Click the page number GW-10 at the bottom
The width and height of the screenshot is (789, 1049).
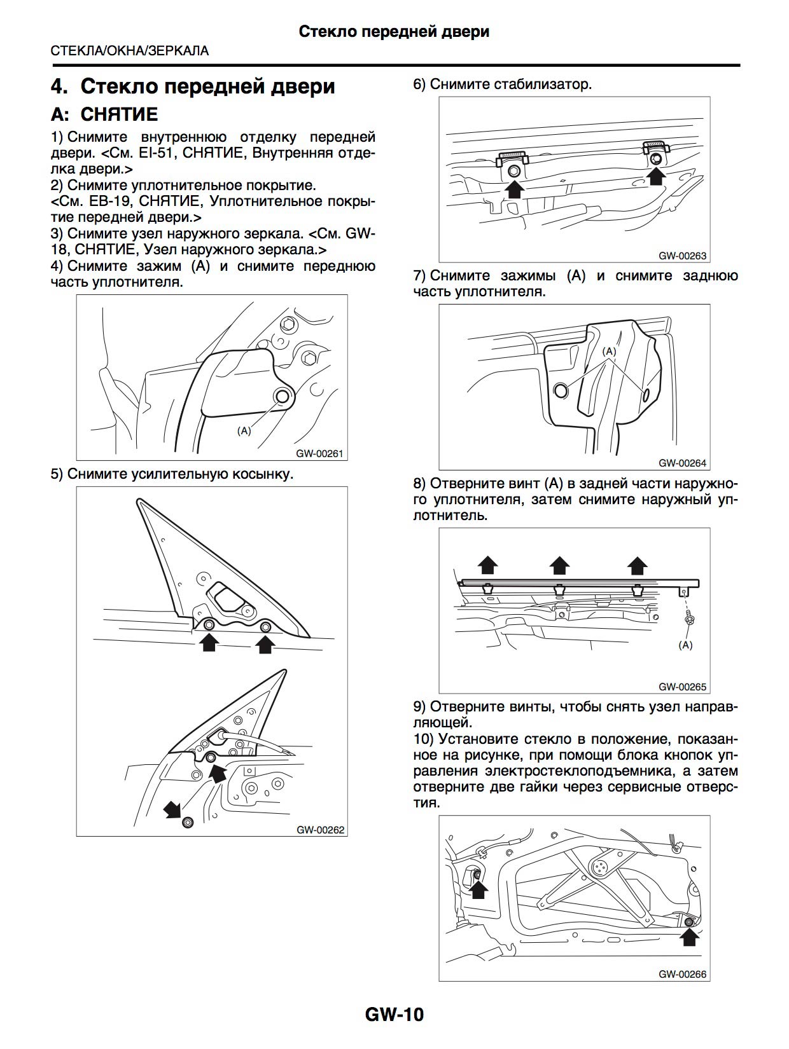(394, 1013)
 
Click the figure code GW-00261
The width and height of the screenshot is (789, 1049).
(320, 454)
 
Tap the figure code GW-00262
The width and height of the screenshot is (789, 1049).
(320, 830)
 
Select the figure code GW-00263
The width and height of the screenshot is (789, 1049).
(683, 256)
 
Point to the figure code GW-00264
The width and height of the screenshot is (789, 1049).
(683, 463)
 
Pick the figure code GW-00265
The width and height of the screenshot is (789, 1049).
(683, 687)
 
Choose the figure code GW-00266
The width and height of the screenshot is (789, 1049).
(683, 974)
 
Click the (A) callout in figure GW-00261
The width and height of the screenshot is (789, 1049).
(244, 430)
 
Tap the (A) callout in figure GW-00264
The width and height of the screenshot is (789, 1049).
(610, 351)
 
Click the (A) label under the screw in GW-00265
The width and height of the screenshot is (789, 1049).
(686, 645)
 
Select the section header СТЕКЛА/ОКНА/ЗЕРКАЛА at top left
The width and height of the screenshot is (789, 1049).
(130, 51)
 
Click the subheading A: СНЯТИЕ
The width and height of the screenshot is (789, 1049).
(104, 114)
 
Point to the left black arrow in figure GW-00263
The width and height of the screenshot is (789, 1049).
(513, 189)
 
